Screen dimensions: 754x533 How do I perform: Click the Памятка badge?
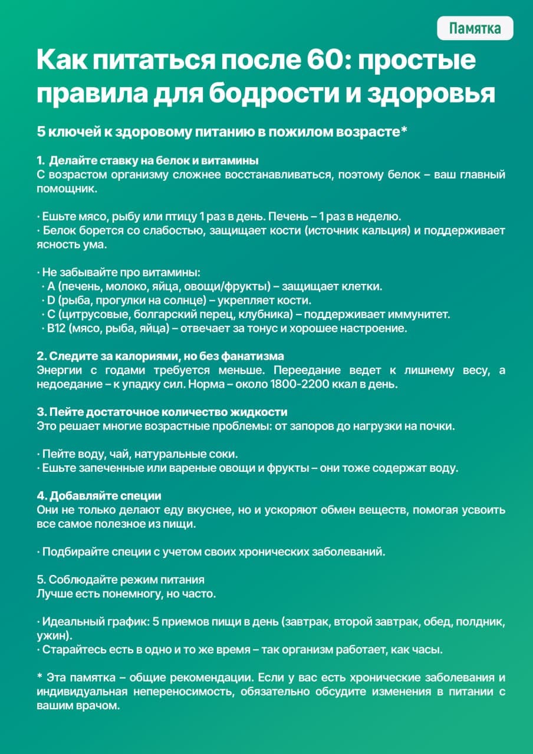pos(475,28)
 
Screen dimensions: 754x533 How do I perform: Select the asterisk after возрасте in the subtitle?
pos(404,133)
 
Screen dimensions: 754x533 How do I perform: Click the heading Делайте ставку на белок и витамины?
pos(154,161)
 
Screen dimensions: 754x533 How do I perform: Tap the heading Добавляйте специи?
pos(99,496)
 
